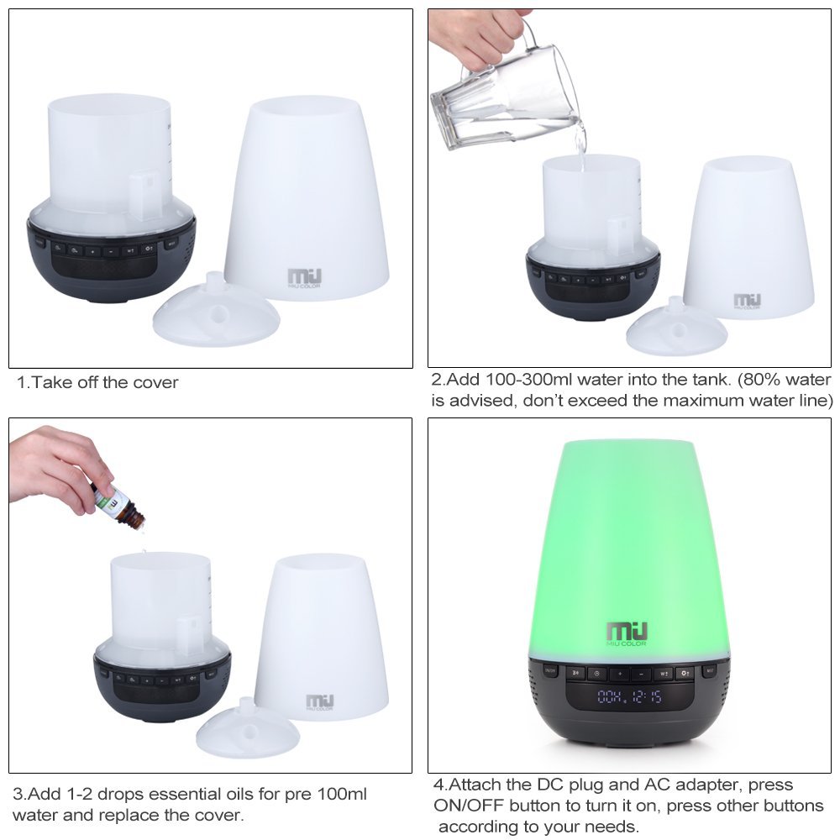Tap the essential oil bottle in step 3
click(x=118, y=504)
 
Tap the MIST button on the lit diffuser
click(x=709, y=670)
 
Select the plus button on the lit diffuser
click(x=618, y=673)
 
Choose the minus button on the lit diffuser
click(x=640, y=673)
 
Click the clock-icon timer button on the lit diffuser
click(x=596, y=672)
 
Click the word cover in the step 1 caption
click(x=156, y=383)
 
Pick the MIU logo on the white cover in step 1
click(x=302, y=277)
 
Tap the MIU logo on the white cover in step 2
click(x=747, y=301)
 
